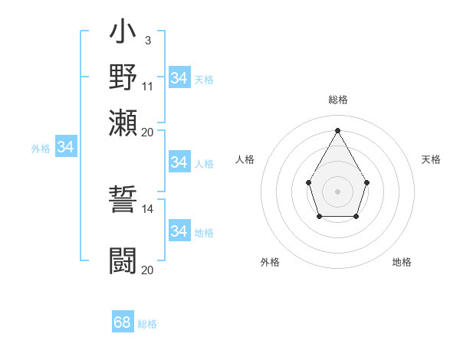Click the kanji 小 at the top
(x=123, y=34)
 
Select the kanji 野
(x=123, y=78)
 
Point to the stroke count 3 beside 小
(x=147, y=40)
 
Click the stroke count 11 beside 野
(x=148, y=86)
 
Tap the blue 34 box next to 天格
(x=179, y=78)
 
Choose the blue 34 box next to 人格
(x=179, y=162)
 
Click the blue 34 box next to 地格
(x=179, y=231)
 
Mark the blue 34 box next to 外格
(x=65, y=147)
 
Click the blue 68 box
(x=123, y=322)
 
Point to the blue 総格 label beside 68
(x=147, y=324)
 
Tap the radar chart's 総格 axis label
(x=338, y=100)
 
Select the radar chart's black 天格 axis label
(x=431, y=159)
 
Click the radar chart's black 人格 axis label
(x=245, y=159)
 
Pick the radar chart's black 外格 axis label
(x=270, y=262)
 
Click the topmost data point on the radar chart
(x=337, y=130)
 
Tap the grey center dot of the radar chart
(x=337, y=191)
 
